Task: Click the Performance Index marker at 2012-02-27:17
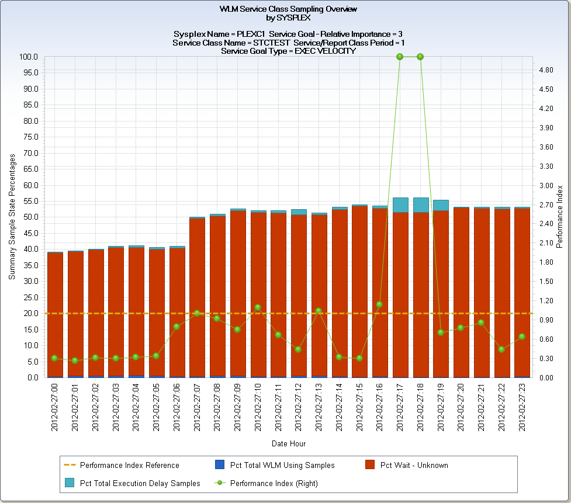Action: point(400,57)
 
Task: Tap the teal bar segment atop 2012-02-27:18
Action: point(420,204)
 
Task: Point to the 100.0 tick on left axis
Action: point(28,57)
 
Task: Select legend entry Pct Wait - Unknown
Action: point(414,465)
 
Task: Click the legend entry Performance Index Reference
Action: point(129,465)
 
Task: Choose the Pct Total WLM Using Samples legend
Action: point(282,465)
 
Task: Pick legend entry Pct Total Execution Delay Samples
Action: point(140,483)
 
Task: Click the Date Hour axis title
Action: point(288,443)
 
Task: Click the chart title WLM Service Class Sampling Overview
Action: point(288,9)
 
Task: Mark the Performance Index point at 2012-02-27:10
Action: point(258,307)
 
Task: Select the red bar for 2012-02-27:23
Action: point(522,292)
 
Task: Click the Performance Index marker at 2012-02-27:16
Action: point(379,304)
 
